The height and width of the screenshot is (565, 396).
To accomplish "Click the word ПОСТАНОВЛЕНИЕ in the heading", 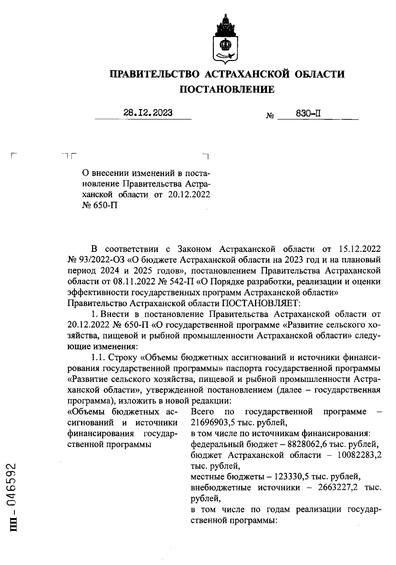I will point(227,89).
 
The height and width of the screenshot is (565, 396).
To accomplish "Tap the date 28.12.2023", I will point(148,113).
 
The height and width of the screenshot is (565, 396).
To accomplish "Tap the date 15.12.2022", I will point(360,249).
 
